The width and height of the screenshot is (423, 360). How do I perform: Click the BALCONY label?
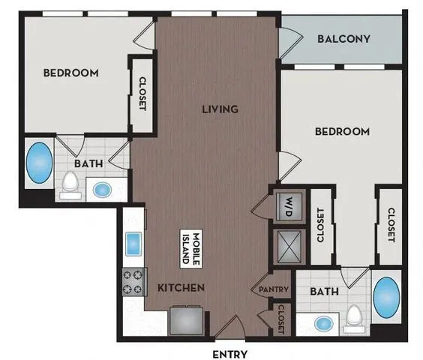[x=343, y=39]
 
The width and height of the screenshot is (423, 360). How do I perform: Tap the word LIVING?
[x=219, y=109]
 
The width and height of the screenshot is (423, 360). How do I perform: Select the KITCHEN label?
[x=181, y=287]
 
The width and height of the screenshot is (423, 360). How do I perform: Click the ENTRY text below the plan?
[x=229, y=353]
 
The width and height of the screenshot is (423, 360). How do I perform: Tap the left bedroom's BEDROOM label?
[x=71, y=73]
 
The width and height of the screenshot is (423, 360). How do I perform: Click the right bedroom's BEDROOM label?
[x=341, y=131]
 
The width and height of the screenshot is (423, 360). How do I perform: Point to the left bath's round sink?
[x=102, y=189]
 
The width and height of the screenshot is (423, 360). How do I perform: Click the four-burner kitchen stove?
[x=134, y=283]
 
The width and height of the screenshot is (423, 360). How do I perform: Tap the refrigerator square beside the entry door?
[x=184, y=319]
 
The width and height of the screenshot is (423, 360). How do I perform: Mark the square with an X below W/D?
[x=288, y=244]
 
